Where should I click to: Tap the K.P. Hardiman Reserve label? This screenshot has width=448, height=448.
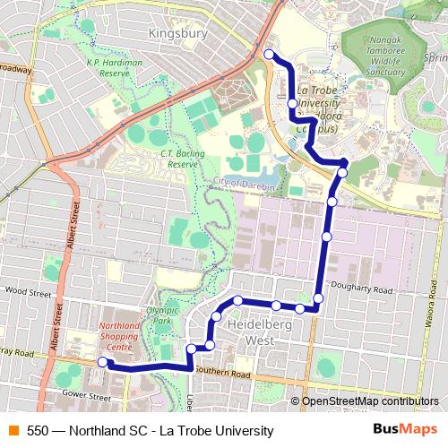click(115, 67)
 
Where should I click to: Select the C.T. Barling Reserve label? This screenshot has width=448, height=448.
click(179, 159)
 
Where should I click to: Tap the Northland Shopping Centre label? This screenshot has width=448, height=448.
click(123, 336)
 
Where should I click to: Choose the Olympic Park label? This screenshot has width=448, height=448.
click(158, 314)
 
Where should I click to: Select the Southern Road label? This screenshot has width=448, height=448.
click(220, 371)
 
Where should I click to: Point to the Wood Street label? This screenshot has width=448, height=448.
click(29, 291)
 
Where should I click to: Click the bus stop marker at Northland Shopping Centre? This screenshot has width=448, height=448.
click(102, 362)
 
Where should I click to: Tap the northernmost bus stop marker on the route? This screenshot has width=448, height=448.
click(269, 55)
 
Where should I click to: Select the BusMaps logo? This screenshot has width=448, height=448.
click(405, 430)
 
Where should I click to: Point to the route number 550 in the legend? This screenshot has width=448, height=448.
click(38, 431)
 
